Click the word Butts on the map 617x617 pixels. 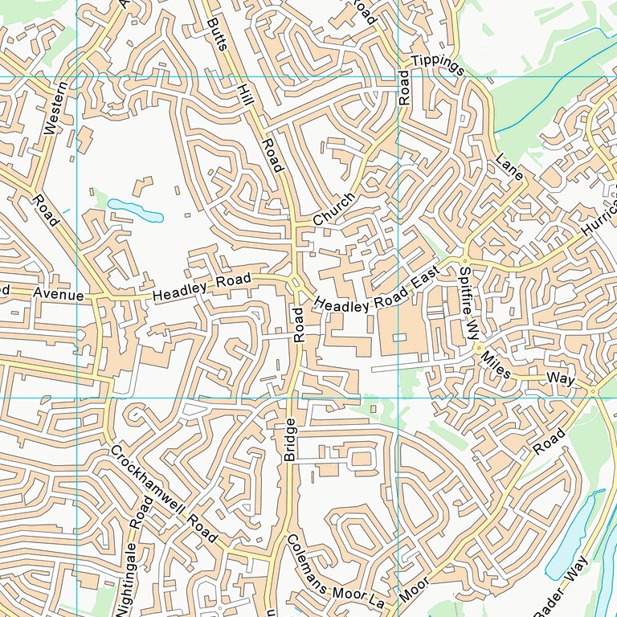[x=217, y=34]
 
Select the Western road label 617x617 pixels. [x=52, y=107]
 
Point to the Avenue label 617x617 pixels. [x=58, y=295]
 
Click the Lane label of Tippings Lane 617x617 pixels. [x=509, y=166]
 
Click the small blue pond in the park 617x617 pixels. [x=136, y=210]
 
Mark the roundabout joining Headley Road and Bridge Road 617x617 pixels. [x=296, y=283]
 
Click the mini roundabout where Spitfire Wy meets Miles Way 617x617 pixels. [x=478, y=348]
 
